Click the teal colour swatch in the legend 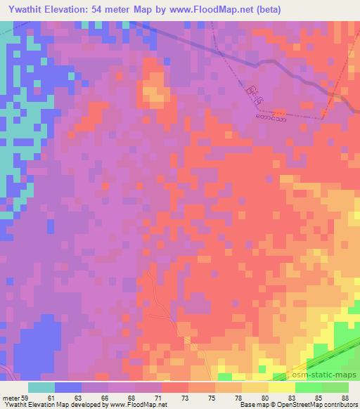click(x=41, y=387)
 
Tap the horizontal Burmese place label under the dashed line click(x=271, y=111)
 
